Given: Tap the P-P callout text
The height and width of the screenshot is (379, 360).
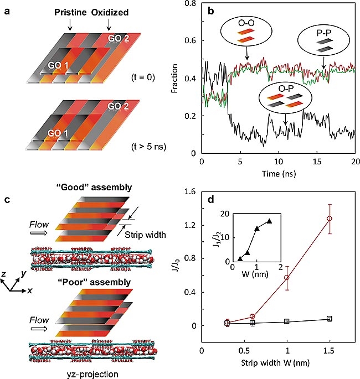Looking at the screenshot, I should [x=323, y=38].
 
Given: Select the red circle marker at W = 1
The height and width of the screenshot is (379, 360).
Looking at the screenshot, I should [x=287, y=277].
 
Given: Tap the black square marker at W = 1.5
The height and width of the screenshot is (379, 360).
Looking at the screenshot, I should [x=330, y=319].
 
